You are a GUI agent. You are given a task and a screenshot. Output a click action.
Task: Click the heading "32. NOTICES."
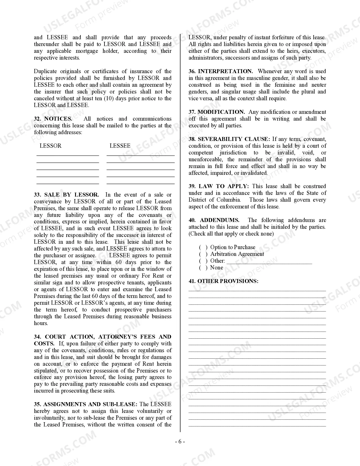[53, 119]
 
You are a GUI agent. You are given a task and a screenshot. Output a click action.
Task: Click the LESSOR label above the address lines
[50, 146]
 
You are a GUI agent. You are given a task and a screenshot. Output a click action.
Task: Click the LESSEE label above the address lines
[120, 146]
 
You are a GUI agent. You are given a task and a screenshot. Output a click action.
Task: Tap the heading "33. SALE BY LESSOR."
[66, 195]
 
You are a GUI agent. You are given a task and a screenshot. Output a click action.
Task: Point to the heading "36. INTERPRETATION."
[221, 71]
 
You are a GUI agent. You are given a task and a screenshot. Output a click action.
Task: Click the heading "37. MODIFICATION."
[217, 112]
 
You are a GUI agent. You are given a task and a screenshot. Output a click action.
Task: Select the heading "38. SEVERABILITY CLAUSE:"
[229, 139]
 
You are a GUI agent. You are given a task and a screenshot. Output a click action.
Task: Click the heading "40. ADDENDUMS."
[214, 220]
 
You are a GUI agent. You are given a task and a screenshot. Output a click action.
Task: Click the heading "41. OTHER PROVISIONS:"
[223, 281]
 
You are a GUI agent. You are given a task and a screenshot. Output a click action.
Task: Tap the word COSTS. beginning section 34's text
[44, 344]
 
